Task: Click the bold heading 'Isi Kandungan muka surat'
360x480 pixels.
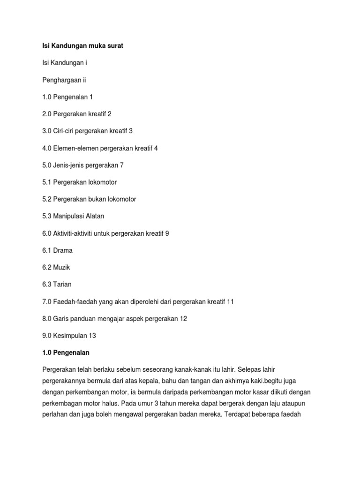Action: tap(82, 46)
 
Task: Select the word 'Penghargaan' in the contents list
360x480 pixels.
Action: tap(61, 80)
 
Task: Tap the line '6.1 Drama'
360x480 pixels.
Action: tap(57, 250)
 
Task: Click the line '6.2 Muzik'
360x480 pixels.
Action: tap(56, 267)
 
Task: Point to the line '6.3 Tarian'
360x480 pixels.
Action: tap(57, 285)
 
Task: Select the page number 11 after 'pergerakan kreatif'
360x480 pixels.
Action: tap(230, 301)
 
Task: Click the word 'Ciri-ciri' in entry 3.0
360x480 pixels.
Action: tap(66, 131)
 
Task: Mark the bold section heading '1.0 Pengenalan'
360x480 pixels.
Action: tap(66, 352)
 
